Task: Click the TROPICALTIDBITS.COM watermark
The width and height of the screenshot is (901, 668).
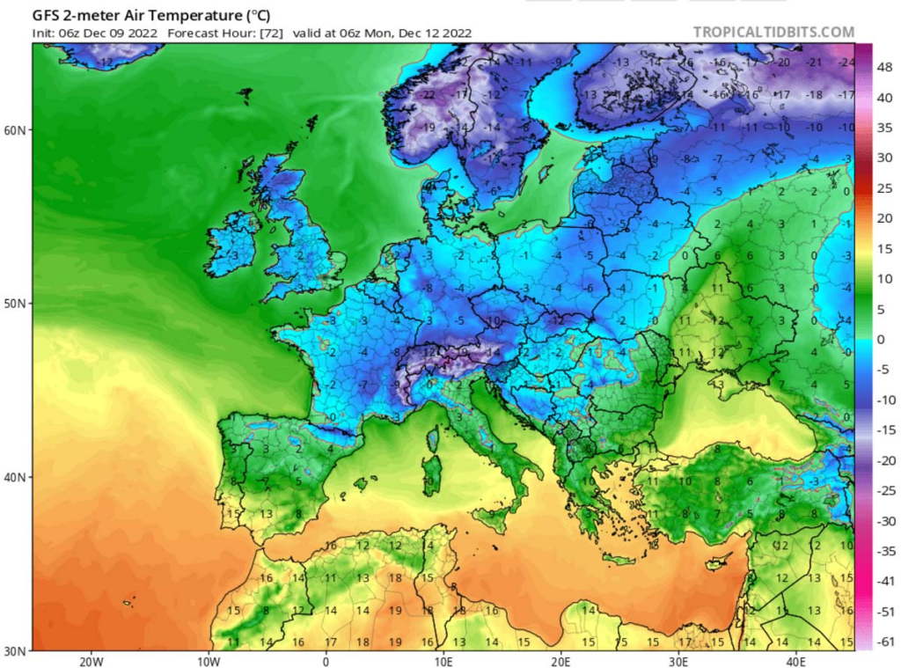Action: tap(773, 33)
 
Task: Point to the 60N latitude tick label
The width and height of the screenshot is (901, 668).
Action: tap(16, 130)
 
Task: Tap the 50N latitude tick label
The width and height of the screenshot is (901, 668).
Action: tap(16, 304)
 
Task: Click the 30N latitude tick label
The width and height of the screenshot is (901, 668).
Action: tap(16, 650)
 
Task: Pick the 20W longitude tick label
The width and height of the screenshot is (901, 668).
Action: tap(92, 660)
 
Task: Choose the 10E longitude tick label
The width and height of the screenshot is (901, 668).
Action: tap(443, 660)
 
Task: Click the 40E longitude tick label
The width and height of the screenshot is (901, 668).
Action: tap(795, 660)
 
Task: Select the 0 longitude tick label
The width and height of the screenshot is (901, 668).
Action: tap(326, 660)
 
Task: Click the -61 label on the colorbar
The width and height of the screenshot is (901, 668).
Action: tap(883, 642)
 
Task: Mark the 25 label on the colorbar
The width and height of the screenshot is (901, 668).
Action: tap(881, 187)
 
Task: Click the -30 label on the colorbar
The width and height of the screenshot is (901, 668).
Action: tap(883, 521)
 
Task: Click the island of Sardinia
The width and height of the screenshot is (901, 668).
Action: tap(432, 473)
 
